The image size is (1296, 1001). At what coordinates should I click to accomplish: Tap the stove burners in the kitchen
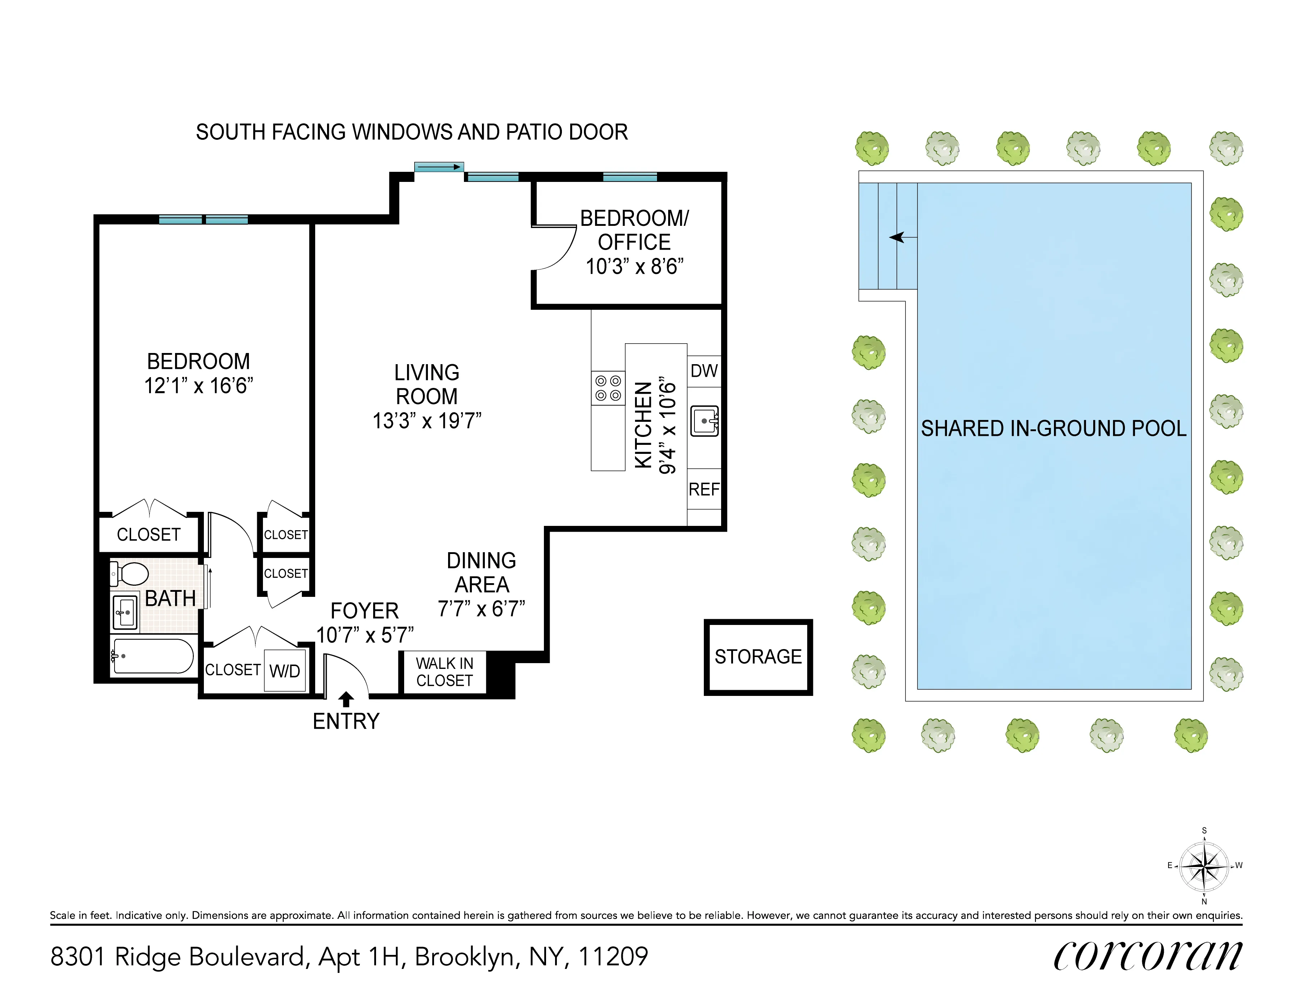tap(608, 388)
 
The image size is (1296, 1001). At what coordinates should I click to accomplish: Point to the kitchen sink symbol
tap(705, 421)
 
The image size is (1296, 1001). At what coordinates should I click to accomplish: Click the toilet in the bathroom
tap(130, 574)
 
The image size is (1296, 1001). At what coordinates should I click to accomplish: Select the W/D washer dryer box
tap(285, 671)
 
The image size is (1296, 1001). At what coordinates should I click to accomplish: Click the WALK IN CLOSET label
tap(444, 672)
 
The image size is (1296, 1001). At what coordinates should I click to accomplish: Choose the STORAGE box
tap(758, 657)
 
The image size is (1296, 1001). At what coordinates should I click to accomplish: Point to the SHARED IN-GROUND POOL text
tap(1053, 428)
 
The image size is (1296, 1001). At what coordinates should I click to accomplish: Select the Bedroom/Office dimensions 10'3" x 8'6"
tap(634, 267)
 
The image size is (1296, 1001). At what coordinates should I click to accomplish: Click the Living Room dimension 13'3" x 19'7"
tap(427, 421)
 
